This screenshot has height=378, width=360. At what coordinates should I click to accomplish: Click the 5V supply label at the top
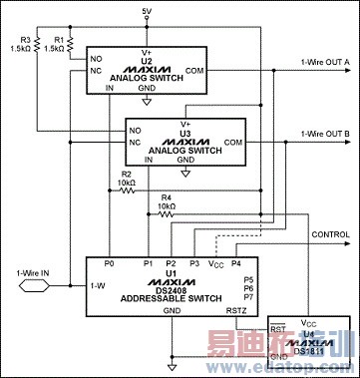tap(147, 11)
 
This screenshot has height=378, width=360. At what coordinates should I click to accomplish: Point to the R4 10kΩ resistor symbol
tap(167, 213)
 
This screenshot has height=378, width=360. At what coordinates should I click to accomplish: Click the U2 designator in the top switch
tap(146, 61)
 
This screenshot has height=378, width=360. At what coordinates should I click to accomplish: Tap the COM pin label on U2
tap(195, 70)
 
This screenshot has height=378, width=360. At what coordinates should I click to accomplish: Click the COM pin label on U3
tap(234, 143)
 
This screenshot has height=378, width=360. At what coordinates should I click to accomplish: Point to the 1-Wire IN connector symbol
tap(32, 282)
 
